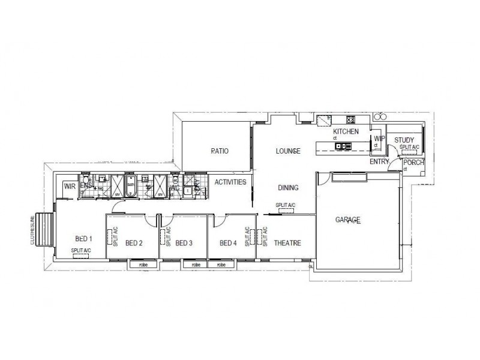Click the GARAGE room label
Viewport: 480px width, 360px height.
pyautogui.click(x=348, y=221)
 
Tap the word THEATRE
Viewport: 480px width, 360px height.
pyautogui.click(x=287, y=243)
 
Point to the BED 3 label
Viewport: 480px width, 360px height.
pyautogui.click(x=184, y=243)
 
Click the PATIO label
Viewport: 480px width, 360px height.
pyautogui.click(x=220, y=151)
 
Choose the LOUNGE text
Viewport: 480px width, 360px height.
pyautogui.click(x=287, y=151)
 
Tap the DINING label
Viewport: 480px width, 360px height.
pyautogui.click(x=288, y=188)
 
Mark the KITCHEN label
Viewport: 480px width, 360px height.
pyautogui.click(x=346, y=131)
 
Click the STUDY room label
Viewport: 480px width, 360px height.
pyautogui.click(x=404, y=140)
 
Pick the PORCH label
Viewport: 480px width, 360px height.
pyautogui.click(x=414, y=163)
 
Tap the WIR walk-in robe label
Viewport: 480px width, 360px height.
pyautogui.click(x=70, y=187)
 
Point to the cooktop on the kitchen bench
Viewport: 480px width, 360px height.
pyautogui.click(x=349, y=119)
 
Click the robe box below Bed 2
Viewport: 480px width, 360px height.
pyautogui.click(x=140, y=264)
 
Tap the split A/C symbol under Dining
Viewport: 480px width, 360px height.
pyautogui.click(x=286, y=211)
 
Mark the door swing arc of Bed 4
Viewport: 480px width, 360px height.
pyautogui.click(x=220, y=223)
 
